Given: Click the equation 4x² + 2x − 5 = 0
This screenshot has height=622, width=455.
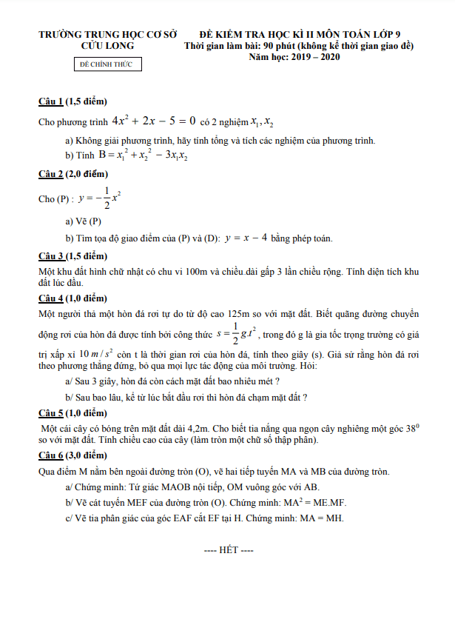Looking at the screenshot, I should point(153,120).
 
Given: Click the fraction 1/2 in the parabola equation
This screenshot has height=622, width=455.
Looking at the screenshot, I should point(107,198).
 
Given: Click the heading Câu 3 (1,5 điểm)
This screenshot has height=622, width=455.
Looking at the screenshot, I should point(73,256).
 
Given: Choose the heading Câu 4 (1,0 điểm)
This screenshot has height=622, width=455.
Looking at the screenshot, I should point(73,298).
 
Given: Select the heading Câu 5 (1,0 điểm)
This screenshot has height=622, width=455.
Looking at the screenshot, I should point(73,412).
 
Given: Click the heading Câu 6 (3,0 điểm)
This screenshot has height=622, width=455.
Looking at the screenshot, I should point(73,455).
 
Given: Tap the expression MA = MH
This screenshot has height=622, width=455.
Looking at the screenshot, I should point(326,518).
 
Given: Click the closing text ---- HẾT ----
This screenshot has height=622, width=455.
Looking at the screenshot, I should point(229,552).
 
